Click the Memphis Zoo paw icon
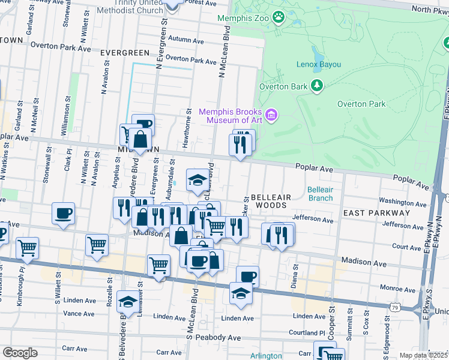tap(278, 17)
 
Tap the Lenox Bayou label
tap(319, 64)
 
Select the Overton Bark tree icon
tap(316, 86)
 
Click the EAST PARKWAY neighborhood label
tap(376, 213)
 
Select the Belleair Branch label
tap(320, 193)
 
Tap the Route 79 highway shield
tap(394, 307)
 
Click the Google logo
tap(20, 353)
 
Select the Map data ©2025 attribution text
tap(423, 355)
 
